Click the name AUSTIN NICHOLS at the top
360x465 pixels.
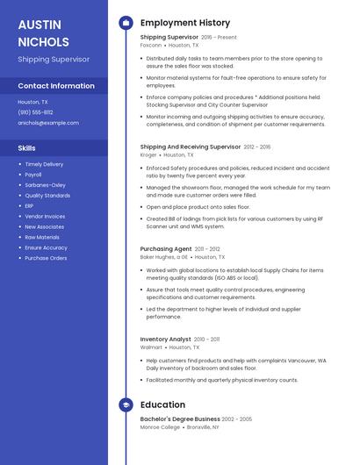[x=43, y=32]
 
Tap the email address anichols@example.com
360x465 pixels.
[x=48, y=123]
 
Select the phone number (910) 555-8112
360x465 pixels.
[x=36, y=112]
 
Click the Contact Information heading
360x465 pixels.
[x=56, y=86]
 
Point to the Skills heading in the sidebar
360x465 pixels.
[x=27, y=148]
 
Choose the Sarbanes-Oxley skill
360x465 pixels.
[x=45, y=185]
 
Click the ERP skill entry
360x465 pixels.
[x=29, y=206]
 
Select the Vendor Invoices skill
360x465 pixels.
[x=45, y=217]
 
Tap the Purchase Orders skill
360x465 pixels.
[x=46, y=258]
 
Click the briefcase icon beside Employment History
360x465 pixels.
[x=126, y=23]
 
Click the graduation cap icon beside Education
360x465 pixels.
[x=126, y=405]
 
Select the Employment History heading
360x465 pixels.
[x=185, y=23]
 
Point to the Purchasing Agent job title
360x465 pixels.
[x=166, y=249]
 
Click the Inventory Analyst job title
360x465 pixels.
[x=165, y=339]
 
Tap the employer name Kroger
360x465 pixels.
[x=148, y=155]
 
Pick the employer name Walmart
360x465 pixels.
[x=151, y=347]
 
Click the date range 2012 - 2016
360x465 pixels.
[x=257, y=147]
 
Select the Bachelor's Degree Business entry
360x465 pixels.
[x=180, y=419]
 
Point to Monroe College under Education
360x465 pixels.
[x=159, y=427]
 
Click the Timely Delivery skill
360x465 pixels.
[x=44, y=164]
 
